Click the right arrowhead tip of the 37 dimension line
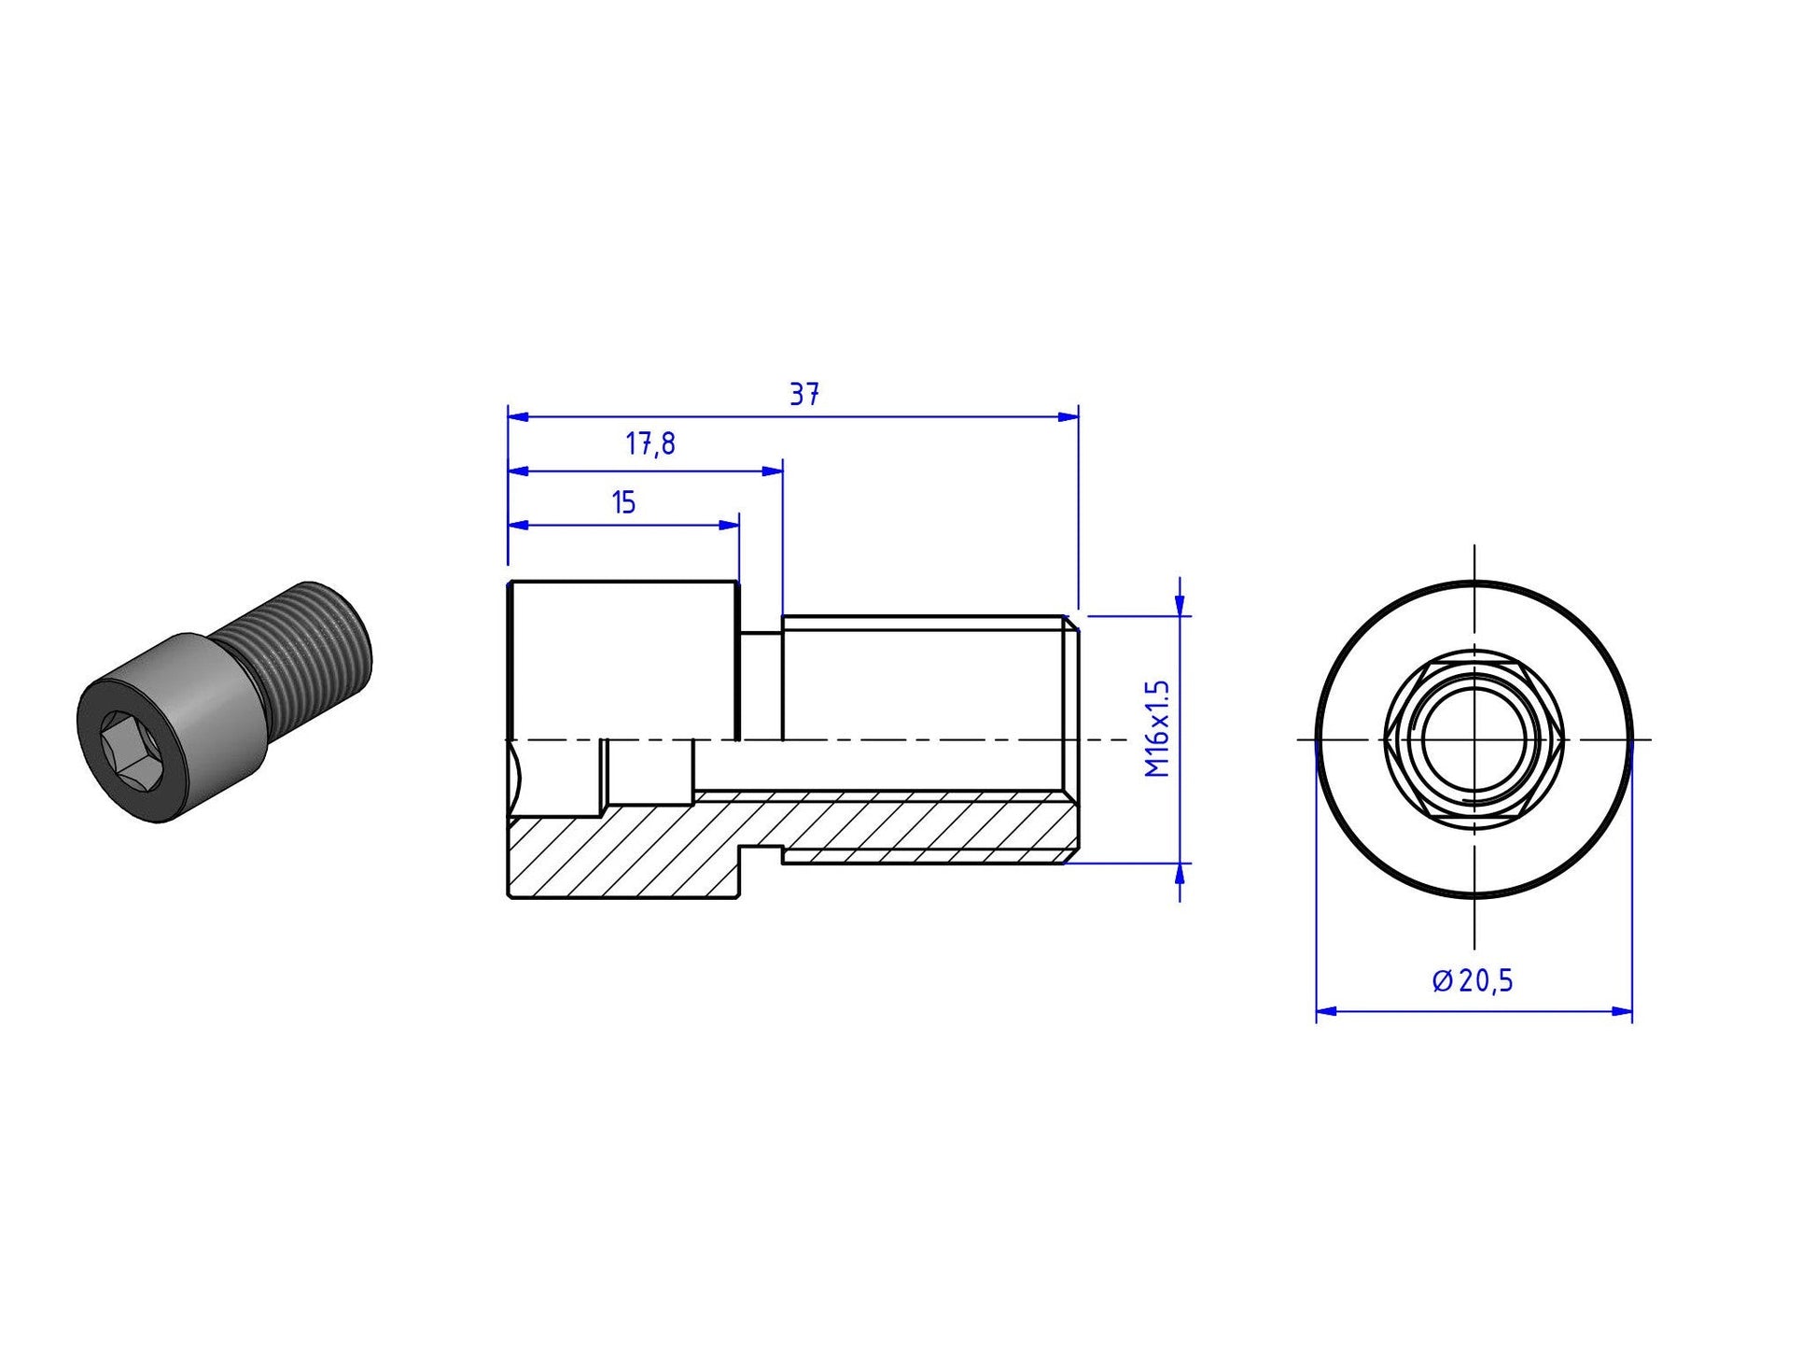[x=1078, y=416]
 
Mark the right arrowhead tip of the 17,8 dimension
[x=782, y=471]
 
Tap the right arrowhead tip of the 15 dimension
[x=739, y=525]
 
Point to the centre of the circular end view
[x=1474, y=739]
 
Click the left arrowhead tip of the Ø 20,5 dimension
[x=1316, y=1010]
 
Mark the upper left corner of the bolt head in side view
[x=509, y=582]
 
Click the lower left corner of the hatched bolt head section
[x=509, y=897]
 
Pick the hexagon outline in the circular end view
[x=1474, y=739]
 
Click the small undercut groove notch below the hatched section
[x=761, y=851]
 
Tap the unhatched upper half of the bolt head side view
[x=623, y=660]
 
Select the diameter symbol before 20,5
[x=1442, y=980]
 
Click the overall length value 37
[x=804, y=395]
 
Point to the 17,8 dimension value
[x=650, y=444]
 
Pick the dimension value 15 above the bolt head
[x=623, y=503]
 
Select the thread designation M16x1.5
[x=1157, y=728]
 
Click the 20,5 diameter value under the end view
[x=1487, y=981]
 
